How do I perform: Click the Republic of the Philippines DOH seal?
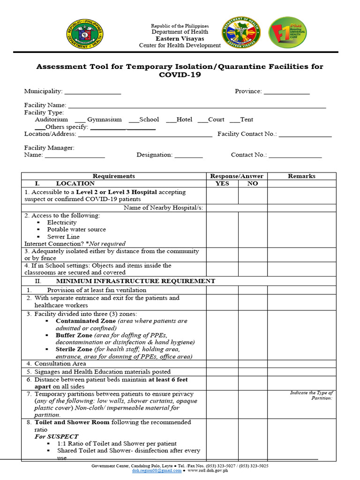(85, 35)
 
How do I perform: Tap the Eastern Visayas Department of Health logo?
(241, 32)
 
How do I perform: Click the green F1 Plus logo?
(288, 32)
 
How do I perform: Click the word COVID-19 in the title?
(180, 75)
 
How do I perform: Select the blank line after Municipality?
(93, 92)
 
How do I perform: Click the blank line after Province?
(286, 92)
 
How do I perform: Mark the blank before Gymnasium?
(80, 120)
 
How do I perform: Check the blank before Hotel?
(171, 120)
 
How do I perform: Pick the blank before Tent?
(234, 120)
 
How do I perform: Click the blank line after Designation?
(188, 156)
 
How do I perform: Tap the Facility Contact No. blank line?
(305, 135)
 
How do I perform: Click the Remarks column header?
(301, 176)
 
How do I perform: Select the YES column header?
(222, 184)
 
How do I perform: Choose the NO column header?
(253, 184)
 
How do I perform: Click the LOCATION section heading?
(75, 184)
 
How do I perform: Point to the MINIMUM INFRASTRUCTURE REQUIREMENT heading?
(135, 281)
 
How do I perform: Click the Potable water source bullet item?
(76, 230)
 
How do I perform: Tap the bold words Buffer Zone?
(74, 335)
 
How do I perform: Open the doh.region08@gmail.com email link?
(157, 471)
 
